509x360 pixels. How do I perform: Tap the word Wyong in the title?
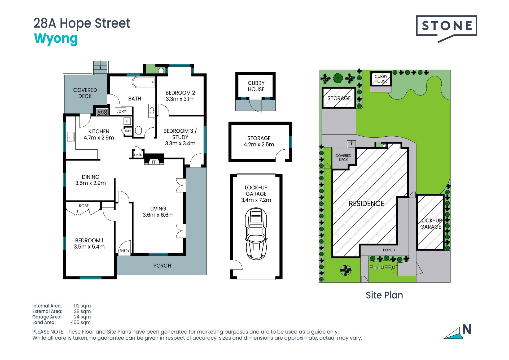coord(56,39)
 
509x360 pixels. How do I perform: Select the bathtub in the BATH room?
coord(143,82)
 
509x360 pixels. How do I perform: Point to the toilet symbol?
coord(138,131)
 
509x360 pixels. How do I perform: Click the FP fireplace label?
coord(154,162)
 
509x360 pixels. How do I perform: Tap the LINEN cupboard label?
coord(138,155)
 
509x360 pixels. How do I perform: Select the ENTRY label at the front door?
coord(124,251)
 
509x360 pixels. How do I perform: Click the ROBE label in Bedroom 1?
coord(84,206)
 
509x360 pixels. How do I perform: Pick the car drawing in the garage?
coord(256,234)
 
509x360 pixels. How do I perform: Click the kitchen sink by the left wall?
coord(71,137)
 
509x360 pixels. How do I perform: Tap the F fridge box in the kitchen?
coord(127,121)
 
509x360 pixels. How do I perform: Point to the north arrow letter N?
coord(467,329)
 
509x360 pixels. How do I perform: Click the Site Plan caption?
coord(384,295)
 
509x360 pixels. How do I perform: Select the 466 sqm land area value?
coord(81,322)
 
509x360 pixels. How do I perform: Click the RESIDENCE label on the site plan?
coord(366,203)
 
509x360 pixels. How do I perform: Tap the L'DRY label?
coord(121,111)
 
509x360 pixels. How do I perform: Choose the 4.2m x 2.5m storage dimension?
coord(259,145)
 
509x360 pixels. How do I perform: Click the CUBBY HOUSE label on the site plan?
coord(381,79)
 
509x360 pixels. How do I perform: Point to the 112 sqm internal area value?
coord(82,306)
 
